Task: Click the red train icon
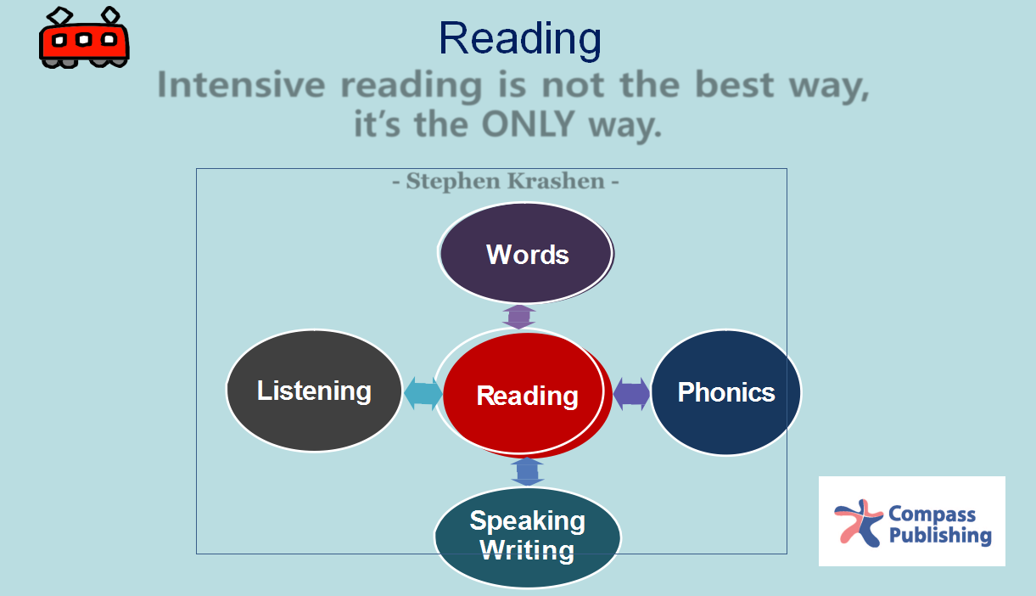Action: (x=84, y=38)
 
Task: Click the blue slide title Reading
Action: (x=520, y=40)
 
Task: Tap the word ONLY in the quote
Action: (x=528, y=125)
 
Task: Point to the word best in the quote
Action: (x=735, y=85)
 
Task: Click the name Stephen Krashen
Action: (x=505, y=181)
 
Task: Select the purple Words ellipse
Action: (x=526, y=253)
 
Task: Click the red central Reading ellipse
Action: (x=524, y=393)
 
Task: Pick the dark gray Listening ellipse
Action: (x=314, y=391)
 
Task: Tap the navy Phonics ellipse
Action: (x=725, y=392)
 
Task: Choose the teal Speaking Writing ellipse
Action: (x=527, y=537)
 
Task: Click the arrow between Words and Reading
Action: (x=519, y=317)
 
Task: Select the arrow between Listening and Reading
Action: (x=423, y=393)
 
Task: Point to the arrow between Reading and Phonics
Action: (x=631, y=394)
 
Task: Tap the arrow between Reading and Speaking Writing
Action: (x=527, y=471)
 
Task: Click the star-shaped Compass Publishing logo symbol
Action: (x=859, y=523)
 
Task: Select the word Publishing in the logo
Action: (x=940, y=536)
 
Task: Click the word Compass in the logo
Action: (x=932, y=514)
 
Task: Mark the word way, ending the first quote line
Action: (x=829, y=87)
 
